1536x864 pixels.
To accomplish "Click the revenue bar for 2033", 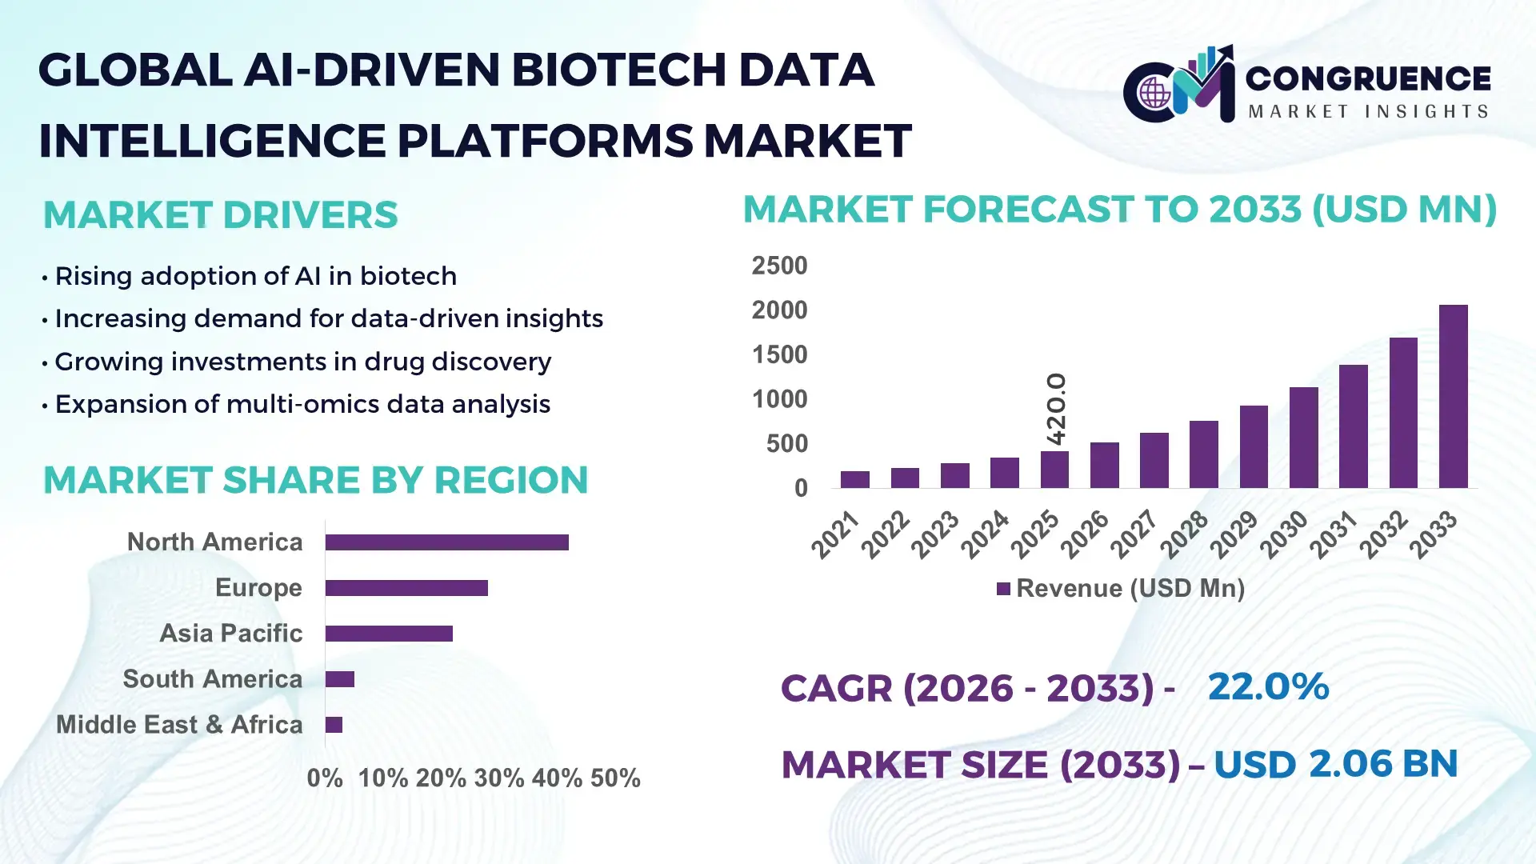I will click(x=1453, y=397).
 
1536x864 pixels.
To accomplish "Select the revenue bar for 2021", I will click(x=854, y=480).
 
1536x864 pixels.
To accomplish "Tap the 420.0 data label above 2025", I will click(x=1056, y=409).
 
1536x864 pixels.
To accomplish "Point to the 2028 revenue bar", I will click(x=1203, y=454).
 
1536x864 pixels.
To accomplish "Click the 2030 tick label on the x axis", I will click(x=1283, y=534).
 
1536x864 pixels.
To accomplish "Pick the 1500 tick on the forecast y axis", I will click(x=779, y=354).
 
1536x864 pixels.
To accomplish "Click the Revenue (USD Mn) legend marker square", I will click(x=1003, y=590).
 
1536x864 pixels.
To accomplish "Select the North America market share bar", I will click(x=446, y=542).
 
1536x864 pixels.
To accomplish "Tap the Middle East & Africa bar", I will click(x=334, y=725).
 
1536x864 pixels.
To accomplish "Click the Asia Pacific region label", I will click(x=230, y=634).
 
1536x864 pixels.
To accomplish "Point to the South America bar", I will click(x=339, y=679).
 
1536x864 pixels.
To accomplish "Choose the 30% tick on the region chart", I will click(x=499, y=778).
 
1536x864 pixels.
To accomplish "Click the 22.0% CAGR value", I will click(x=1267, y=687).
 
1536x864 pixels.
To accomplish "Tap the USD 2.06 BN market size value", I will click(x=1335, y=764).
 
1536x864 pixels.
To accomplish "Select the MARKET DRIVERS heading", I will click(x=220, y=215).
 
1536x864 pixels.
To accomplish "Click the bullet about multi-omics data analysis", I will click(x=302, y=405).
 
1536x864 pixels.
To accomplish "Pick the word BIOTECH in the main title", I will click(x=618, y=70).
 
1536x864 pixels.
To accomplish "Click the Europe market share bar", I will click(x=406, y=588).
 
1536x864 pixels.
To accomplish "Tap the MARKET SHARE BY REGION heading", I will click(x=315, y=481).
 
